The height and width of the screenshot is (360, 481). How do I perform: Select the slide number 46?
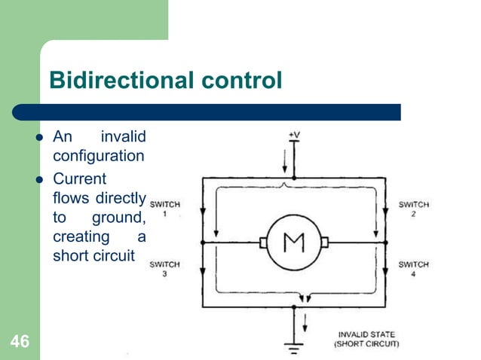coord(20,343)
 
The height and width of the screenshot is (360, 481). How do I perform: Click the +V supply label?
coord(295,135)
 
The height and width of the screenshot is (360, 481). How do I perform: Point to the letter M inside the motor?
coord(293,243)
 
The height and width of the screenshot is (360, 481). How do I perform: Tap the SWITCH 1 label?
coord(164,209)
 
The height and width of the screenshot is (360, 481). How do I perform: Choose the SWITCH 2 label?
coord(413,209)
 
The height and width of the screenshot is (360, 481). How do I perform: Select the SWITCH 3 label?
coord(164,269)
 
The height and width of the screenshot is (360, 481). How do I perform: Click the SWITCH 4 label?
coord(413,269)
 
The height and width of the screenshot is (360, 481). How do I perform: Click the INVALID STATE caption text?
coord(366,334)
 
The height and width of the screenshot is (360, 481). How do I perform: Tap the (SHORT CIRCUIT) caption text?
coord(366,343)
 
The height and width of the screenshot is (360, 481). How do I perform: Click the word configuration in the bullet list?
coord(98,157)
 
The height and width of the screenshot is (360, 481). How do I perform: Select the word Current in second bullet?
coord(80,179)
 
